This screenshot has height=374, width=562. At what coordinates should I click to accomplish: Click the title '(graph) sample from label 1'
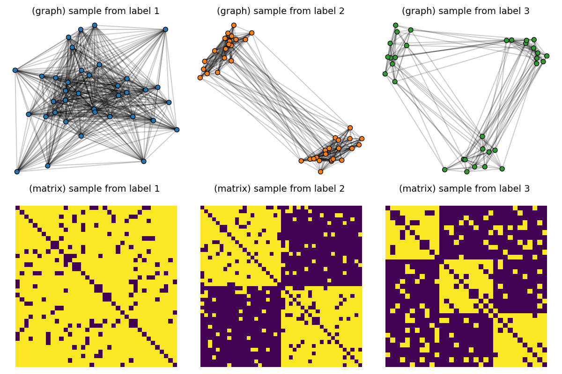tap(96, 11)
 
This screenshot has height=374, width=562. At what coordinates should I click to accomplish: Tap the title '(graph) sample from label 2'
tap(281, 11)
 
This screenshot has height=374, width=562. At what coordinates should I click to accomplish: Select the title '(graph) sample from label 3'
tap(466, 11)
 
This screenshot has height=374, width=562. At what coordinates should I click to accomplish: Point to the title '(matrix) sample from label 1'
tap(94, 189)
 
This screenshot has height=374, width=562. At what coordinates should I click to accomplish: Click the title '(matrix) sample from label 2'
tap(279, 189)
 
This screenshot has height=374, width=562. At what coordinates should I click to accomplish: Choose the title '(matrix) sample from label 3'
tap(464, 189)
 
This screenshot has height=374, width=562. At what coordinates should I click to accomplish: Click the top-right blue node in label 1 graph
tap(165, 29)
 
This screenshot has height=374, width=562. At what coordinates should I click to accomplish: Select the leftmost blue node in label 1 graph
tap(15, 70)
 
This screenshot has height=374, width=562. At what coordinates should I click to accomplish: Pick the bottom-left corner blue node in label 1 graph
tap(17, 172)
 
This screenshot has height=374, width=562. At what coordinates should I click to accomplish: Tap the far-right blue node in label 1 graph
tap(177, 129)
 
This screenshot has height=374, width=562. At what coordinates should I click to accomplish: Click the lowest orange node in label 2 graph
tap(320, 172)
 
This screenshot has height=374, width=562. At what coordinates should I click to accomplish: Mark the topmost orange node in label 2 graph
tap(234, 25)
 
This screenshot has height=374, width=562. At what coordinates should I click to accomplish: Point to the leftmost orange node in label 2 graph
tap(200, 78)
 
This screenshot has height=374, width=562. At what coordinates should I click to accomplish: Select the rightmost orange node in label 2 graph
tap(362, 138)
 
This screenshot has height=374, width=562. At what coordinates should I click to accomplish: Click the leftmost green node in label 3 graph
tap(385, 74)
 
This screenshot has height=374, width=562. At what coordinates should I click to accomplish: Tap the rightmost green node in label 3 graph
tap(547, 56)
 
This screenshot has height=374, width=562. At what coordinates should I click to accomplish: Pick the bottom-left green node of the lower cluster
tap(444, 170)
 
